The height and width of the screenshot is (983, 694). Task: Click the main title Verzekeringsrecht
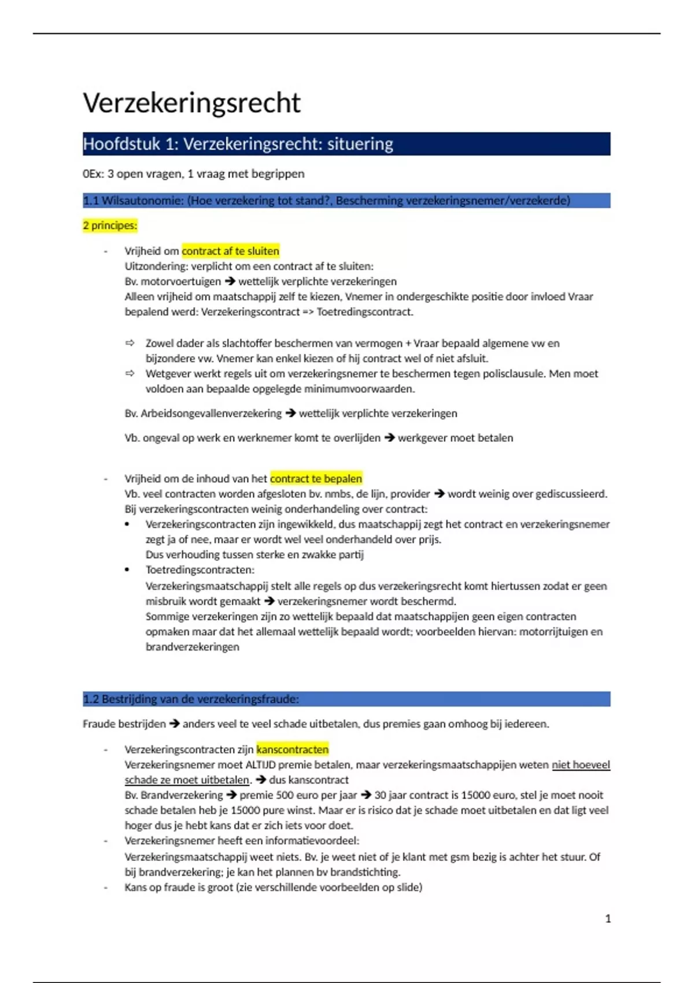pos(191,103)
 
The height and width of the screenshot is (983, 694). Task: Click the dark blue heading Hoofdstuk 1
pos(238,144)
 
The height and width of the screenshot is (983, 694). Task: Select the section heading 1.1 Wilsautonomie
pos(326,201)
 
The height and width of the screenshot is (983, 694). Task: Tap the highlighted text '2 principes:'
pos(110,226)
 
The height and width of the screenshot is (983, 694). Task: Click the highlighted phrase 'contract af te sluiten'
pos(230,251)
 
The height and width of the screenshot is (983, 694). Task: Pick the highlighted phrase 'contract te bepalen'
pos(316,479)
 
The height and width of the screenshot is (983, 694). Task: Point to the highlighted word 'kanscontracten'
pos(292,749)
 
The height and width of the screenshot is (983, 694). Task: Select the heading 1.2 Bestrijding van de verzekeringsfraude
pos(191,699)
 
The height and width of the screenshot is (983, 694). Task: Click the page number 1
pos(608,918)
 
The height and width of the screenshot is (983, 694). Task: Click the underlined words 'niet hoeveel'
pos(581,764)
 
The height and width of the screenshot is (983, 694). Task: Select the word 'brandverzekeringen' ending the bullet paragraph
pos(192,646)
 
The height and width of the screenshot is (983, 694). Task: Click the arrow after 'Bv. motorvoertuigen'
pos(230,282)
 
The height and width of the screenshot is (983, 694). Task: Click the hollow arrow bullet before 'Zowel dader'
pos(130,343)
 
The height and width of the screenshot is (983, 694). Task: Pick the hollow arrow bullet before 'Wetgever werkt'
pos(130,374)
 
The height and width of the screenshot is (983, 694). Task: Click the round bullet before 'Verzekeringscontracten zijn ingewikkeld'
pos(127,524)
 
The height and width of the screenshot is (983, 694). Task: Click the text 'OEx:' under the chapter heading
pos(93,174)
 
